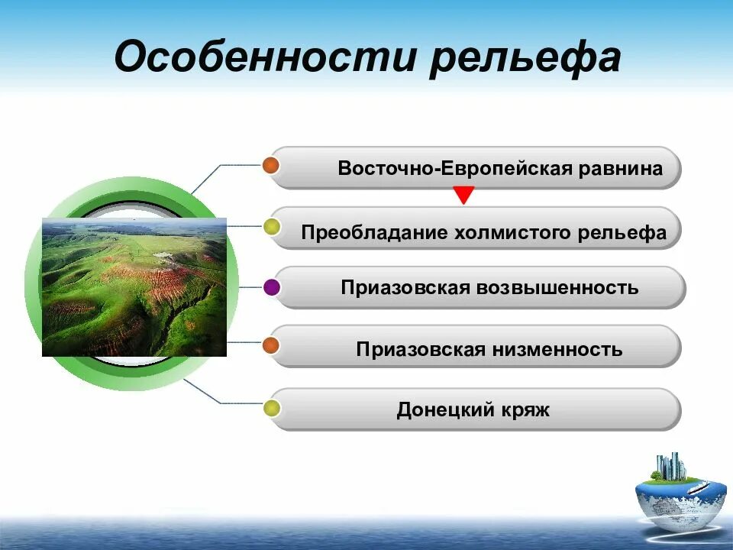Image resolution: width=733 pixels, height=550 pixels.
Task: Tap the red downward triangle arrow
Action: tap(463, 196)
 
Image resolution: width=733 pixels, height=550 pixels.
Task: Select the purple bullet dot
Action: tap(272, 288)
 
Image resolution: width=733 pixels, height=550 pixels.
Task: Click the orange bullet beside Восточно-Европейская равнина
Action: tap(270, 166)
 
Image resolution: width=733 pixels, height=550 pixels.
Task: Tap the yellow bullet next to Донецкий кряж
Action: tap(271, 409)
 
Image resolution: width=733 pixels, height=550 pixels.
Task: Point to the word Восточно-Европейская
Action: tap(455, 169)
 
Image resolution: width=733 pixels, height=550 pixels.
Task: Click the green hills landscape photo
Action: tap(134, 287)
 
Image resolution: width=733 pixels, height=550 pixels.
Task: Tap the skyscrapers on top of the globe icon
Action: tap(670, 466)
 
